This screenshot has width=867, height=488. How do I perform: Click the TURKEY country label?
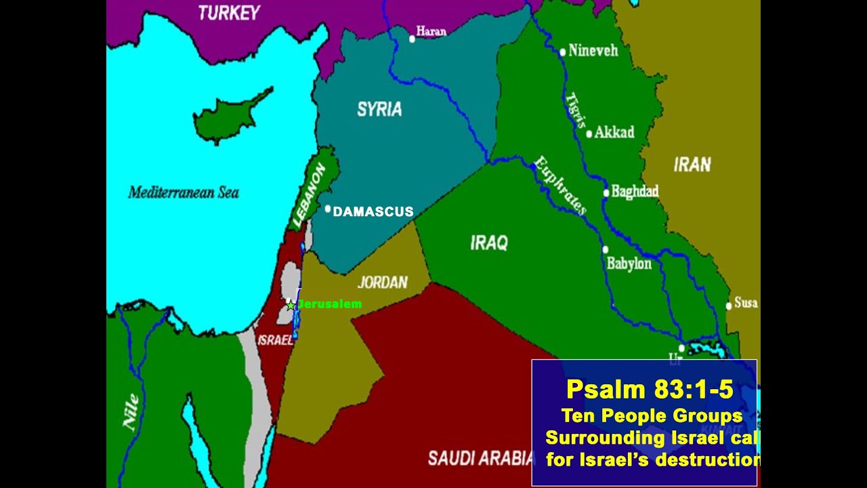229,13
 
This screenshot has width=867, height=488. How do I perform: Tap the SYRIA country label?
379,109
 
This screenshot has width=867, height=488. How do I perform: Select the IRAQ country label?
489,243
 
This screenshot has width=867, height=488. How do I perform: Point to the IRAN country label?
692,164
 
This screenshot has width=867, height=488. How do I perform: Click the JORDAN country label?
383,283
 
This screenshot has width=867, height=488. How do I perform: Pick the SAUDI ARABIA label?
481,459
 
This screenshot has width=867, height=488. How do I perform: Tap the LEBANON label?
309,197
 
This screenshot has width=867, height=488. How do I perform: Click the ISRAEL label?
275,340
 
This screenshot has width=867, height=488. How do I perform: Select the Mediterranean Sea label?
184,193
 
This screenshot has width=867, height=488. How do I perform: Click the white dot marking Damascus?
328,209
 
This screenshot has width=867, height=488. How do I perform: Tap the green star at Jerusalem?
291,305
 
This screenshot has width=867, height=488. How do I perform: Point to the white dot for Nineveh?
562,52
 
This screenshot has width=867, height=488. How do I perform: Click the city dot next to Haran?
412,39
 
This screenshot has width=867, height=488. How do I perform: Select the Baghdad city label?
635,192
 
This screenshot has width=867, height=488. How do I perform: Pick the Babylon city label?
629,264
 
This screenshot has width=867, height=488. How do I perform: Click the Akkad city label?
614,133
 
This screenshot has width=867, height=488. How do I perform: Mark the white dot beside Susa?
729,306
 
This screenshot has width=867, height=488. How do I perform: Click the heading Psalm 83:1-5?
649,389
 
